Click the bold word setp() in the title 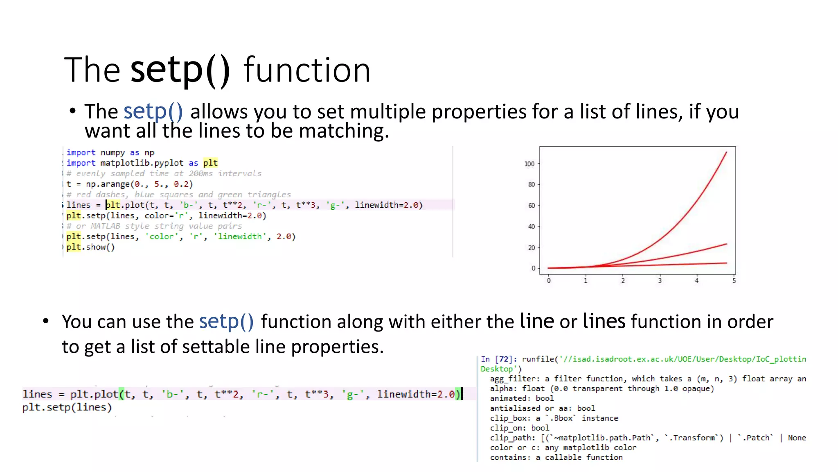coord(180,70)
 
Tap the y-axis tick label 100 coord(529,164)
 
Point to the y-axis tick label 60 coord(531,206)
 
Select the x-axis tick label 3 coord(660,281)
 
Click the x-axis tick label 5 coord(734,281)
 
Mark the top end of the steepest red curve coord(726,152)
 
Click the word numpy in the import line coord(113,153)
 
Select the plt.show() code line coord(90,247)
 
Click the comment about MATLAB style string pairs coord(154,226)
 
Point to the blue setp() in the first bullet coord(153,111)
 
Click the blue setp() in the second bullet coord(226,322)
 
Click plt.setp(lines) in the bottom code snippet coord(67,407)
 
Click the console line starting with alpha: coord(601,388)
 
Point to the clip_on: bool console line coord(519,428)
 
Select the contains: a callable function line coord(556,457)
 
